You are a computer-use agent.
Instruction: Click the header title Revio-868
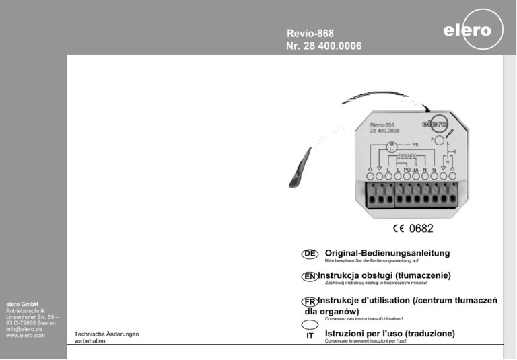pos(310,32)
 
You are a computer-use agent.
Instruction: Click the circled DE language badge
pos(310,253)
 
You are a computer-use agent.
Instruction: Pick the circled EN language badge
pos(309,277)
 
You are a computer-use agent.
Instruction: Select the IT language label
pos(310,335)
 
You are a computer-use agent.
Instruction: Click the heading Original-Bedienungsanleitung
pos(387,253)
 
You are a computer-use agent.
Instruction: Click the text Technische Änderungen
pos(106,334)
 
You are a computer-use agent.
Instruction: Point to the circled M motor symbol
pos(390,145)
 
